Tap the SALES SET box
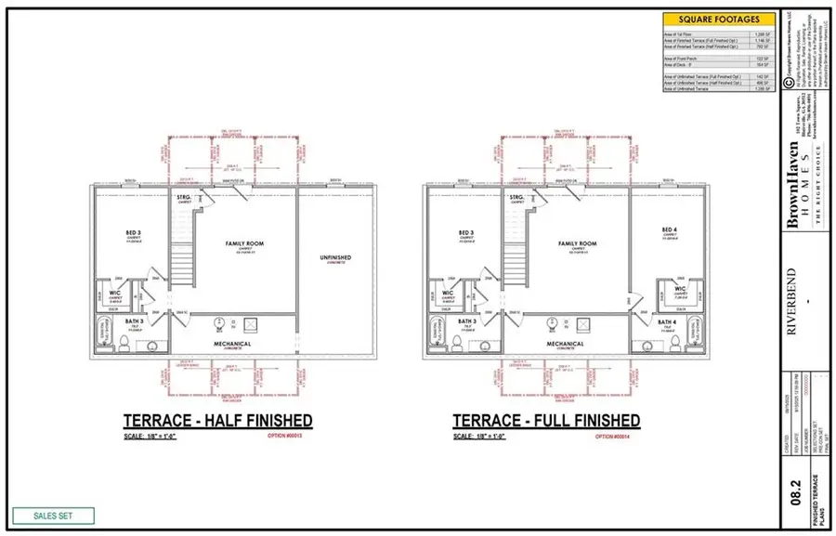(x=54, y=516)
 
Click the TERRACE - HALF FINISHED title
(x=218, y=421)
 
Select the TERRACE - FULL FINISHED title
(x=546, y=421)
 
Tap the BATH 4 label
(x=667, y=321)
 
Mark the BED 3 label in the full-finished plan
(x=464, y=232)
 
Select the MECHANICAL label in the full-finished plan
(x=565, y=344)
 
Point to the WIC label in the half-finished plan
(x=116, y=293)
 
